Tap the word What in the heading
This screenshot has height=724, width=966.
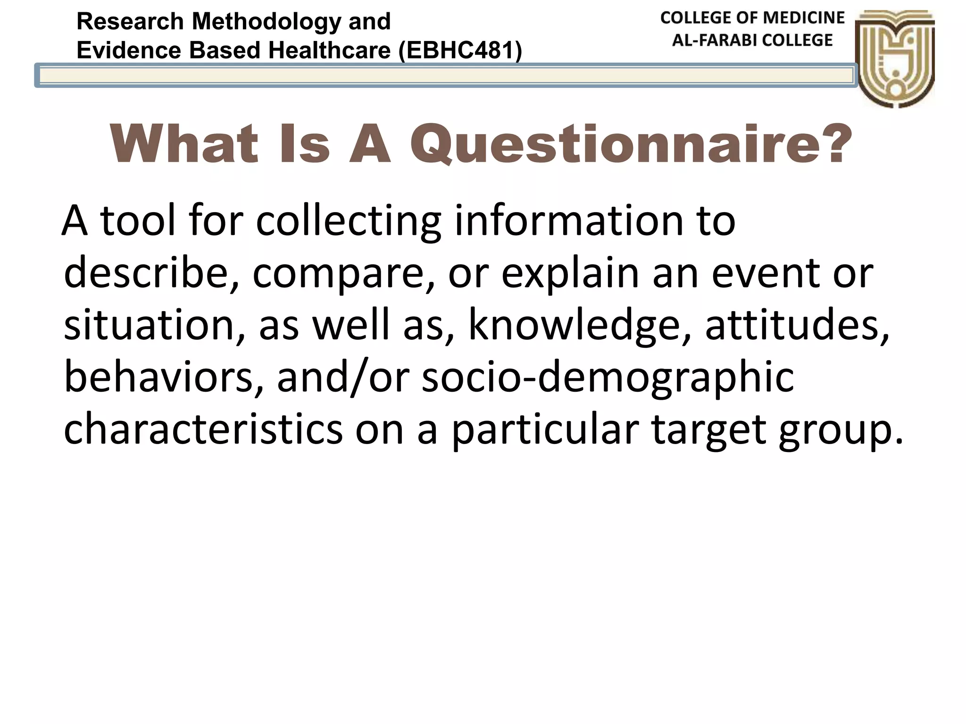[x=184, y=144]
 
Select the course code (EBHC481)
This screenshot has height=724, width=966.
[x=460, y=50]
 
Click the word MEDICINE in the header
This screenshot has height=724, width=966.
[x=804, y=18]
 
